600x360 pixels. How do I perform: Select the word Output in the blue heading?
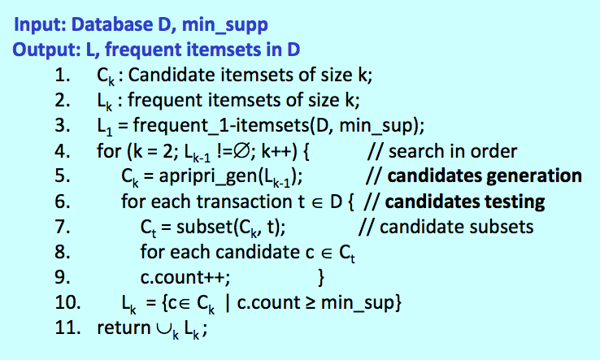(38, 49)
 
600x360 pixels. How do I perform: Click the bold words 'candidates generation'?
(485, 176)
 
